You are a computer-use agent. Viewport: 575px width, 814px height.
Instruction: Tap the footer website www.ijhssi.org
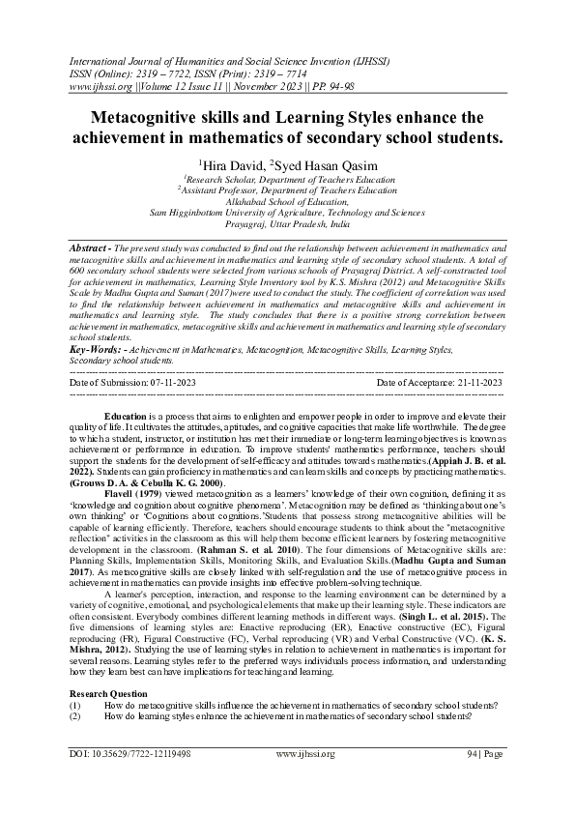point(304,753)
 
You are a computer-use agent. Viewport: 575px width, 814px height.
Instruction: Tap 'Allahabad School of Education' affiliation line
point(286,201)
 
